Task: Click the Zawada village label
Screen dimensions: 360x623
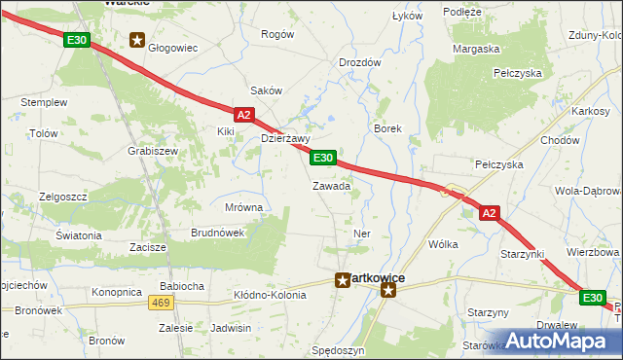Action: [x=331, y=186]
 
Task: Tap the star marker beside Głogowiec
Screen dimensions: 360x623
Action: [x=137, y=41]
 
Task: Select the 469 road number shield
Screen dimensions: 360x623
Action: [x=162, y=304]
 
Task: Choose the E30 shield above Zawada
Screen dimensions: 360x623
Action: [x=324, y=158]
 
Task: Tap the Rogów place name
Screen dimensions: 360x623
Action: [x=277, y=34]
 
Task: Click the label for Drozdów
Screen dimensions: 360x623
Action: [x=359, y=62]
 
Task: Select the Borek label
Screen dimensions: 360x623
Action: [x=387, y=128]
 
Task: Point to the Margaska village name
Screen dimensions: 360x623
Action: [x=476, y=48]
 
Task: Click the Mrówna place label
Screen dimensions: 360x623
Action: [x=243, y=207]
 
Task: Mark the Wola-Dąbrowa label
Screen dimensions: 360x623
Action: [x=586, y=192]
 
